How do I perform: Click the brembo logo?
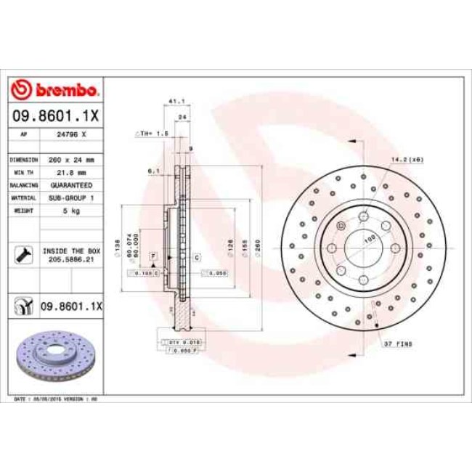tap(57, 90)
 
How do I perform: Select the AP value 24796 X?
tap(71, 134)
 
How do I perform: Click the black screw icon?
tap(23, 254)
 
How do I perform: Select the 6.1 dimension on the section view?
tap(153, 171)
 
